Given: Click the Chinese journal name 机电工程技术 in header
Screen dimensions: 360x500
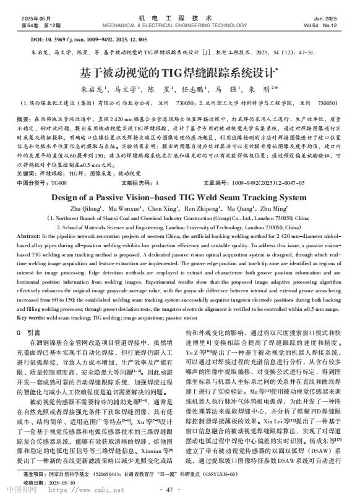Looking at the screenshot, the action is point(180,19).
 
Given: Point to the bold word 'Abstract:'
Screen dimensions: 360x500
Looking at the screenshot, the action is point(29,237).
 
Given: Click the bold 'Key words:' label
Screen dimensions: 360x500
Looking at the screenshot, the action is point(31,317).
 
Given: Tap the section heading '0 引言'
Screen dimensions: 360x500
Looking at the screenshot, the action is point(29,332).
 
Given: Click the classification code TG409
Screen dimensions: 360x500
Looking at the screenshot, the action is point(59,184).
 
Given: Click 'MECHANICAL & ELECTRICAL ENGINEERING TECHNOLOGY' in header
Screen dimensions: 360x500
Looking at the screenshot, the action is point(179,27).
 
